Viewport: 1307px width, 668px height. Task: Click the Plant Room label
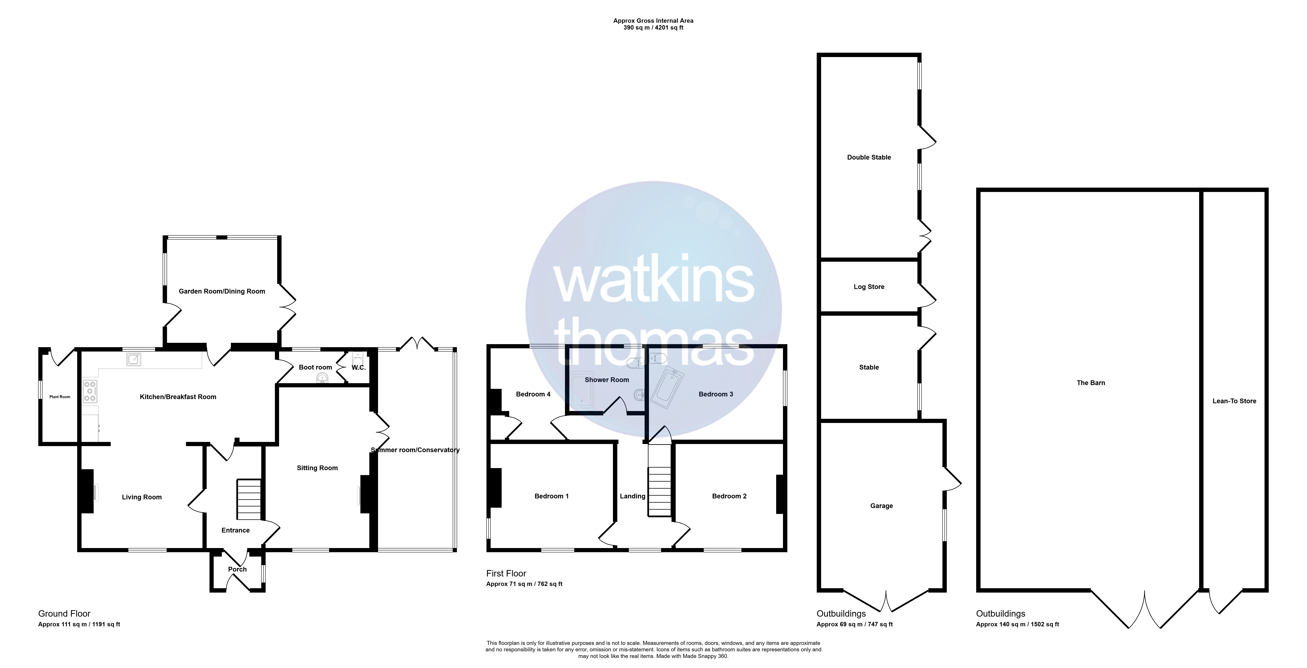[60, 397]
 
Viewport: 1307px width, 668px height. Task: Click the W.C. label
[359, 367]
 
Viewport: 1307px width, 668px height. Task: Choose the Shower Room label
[607, 379]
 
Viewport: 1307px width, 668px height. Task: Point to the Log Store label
[869, 287]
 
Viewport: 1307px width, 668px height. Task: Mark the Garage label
[881, 506]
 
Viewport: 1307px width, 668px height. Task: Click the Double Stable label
[869, 157]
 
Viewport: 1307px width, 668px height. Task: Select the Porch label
[237, 569]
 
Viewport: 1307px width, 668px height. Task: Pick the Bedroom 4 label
[533, 394]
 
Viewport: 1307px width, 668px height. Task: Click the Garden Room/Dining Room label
[222, 291]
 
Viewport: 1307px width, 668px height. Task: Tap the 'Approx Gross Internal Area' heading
[653, 21]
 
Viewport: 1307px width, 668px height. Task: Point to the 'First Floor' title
[506, 573]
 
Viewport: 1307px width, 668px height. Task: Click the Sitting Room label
[317, 468]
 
